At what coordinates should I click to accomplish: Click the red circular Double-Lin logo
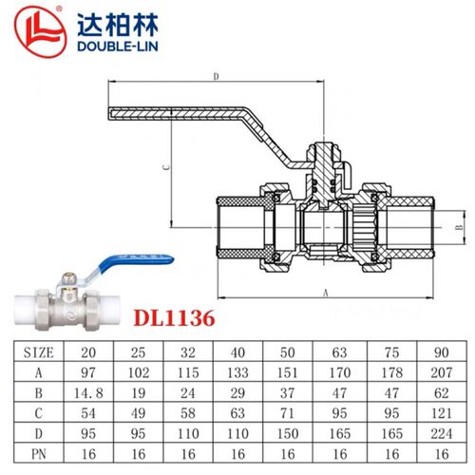click(41, 31)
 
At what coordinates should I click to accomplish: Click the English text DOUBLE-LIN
click(118, 47)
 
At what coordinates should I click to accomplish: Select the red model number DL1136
click(174, 318)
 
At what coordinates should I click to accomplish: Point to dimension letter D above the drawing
click(216, 77)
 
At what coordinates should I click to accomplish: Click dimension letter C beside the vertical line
click(166, 167)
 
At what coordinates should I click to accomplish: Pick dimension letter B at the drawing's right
click(460, 227)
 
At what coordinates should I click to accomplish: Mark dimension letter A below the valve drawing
click(326, 294)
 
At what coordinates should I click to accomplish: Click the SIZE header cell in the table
click(39, 352)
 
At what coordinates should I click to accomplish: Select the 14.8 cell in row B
click(88, 393)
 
